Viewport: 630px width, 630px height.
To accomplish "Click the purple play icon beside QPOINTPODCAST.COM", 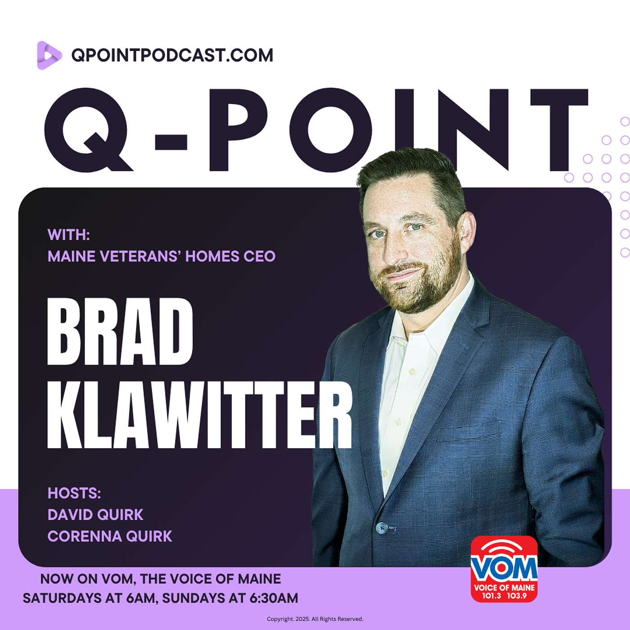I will (49, 55).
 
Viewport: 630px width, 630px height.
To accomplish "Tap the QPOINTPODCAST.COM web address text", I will (172, 55).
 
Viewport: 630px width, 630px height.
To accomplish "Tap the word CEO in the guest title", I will (259, 256).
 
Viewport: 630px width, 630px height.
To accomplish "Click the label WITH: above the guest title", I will (68, 234).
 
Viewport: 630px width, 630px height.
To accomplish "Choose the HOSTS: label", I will (74, 493).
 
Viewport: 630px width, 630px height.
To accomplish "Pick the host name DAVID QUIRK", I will (95, 515).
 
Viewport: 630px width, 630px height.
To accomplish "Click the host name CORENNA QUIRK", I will (110, 536).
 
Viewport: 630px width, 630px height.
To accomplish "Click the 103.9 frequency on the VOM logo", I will (517, 596).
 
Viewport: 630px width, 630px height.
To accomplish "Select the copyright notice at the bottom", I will (315, 619).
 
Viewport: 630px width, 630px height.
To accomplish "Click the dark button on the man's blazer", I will (382, 526).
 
